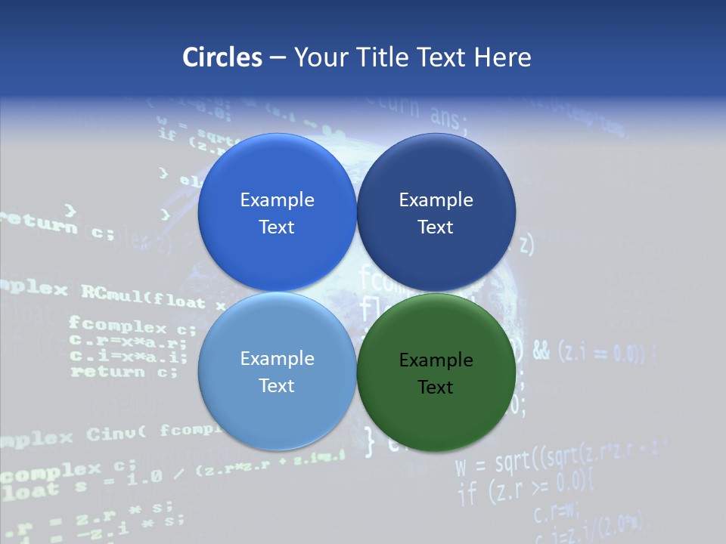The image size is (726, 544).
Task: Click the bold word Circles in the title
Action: pos(222,57)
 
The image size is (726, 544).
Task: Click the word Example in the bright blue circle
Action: pos(277,200)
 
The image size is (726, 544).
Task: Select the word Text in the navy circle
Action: pos(435,227)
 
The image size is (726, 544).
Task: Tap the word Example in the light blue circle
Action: pos(277,359)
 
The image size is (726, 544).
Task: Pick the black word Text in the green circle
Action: pos(435,388)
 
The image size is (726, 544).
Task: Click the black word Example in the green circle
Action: pos(436,360)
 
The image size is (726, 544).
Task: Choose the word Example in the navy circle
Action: pos(436,200)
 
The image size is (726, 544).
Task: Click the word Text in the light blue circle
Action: pos(277,386)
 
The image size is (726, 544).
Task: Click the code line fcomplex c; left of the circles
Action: pos(132,326)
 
